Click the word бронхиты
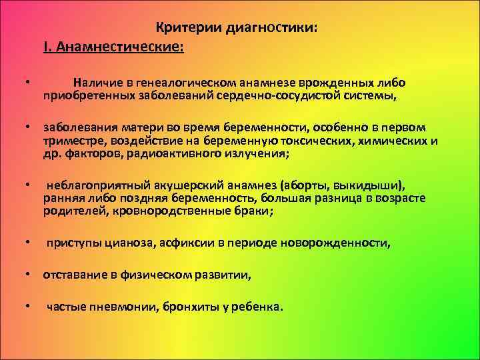(188, 307)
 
